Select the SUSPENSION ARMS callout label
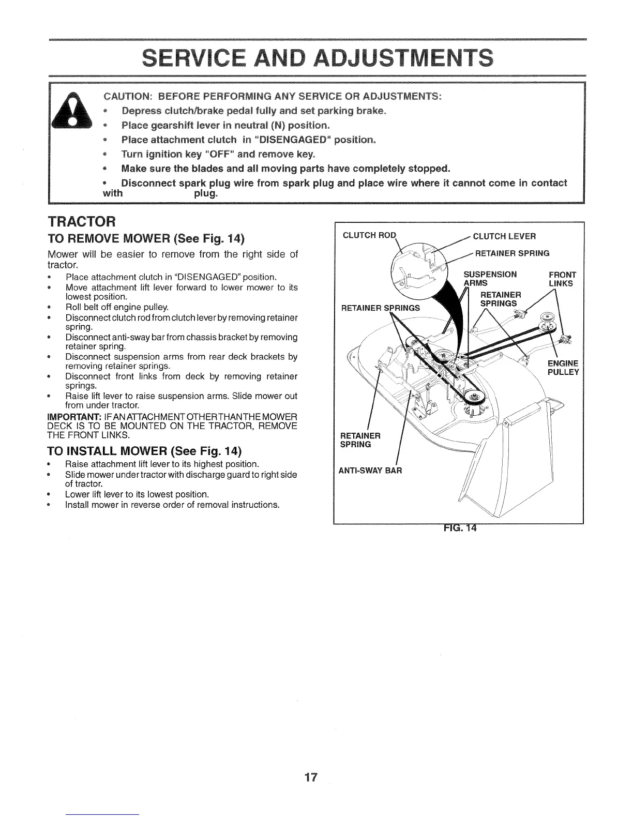click(x=489, y=279)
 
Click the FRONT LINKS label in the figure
click(x=561, y=279)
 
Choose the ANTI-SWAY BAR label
click(x=369, y=471)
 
